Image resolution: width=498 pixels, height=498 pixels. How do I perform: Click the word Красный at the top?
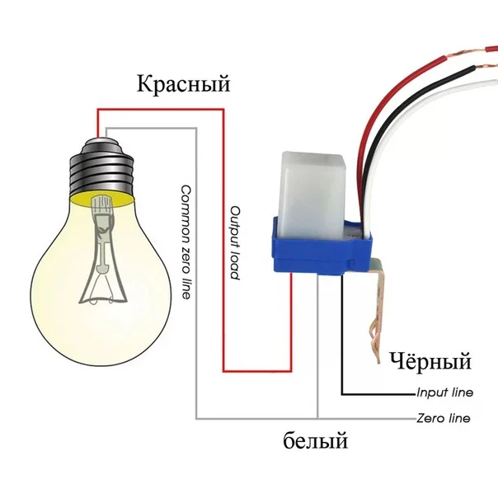(x=183, y=85)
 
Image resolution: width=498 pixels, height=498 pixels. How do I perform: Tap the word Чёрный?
(x=430, y=361)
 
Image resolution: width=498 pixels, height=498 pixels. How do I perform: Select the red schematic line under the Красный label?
(x=165, y=107)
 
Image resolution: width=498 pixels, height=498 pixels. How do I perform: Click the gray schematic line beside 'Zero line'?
(x=371, y=419)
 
